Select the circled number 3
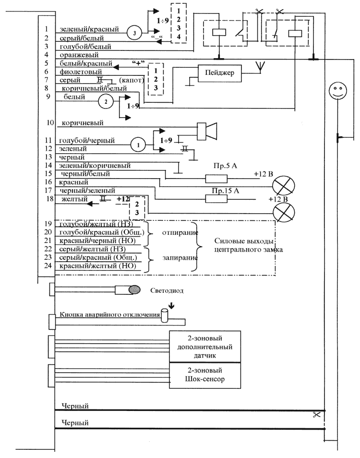[x=135, y=33]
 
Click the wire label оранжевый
[x=76, y=55]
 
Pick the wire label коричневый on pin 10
[x=82, y=123]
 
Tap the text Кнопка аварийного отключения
[x=109, y=315]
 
